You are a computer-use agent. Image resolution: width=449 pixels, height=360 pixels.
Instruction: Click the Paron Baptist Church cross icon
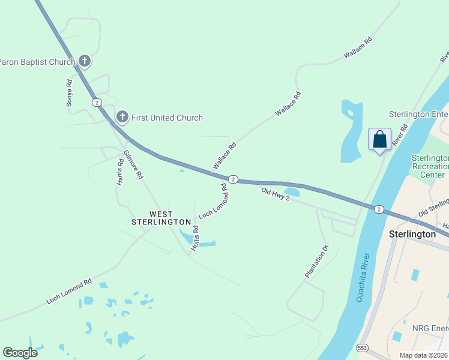coord(85,61)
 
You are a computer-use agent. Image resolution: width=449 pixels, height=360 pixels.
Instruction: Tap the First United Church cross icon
coord(122,117)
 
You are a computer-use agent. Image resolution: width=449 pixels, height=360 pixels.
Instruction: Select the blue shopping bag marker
coord(379,140)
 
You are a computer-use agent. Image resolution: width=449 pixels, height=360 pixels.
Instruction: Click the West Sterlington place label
coord(161,218)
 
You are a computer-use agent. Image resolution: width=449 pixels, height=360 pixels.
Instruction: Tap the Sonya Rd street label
coord(69,93)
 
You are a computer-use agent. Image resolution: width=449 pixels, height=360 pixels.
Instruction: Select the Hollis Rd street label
coord(195,238)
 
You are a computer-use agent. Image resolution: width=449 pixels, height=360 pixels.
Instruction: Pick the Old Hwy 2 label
coord(275,194)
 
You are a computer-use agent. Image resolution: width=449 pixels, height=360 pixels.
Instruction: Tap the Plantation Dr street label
coord(318,261)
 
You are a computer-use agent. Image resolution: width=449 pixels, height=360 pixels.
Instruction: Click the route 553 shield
coord(362,347)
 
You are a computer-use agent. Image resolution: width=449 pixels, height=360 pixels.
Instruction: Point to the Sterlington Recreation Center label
coord(429,166)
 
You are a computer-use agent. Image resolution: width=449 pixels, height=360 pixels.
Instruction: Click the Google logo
coord(20,352)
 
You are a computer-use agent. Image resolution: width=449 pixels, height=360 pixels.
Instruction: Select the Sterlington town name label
coord(412,234)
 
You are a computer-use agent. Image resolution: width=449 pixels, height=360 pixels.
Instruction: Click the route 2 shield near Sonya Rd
coord(97,103)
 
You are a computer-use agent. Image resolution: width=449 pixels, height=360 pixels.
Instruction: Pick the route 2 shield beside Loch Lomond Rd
coord(233,179)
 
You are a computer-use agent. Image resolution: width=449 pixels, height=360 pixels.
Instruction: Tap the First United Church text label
coord(167,118)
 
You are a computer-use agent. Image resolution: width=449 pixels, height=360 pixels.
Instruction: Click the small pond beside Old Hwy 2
coord(292,193)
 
